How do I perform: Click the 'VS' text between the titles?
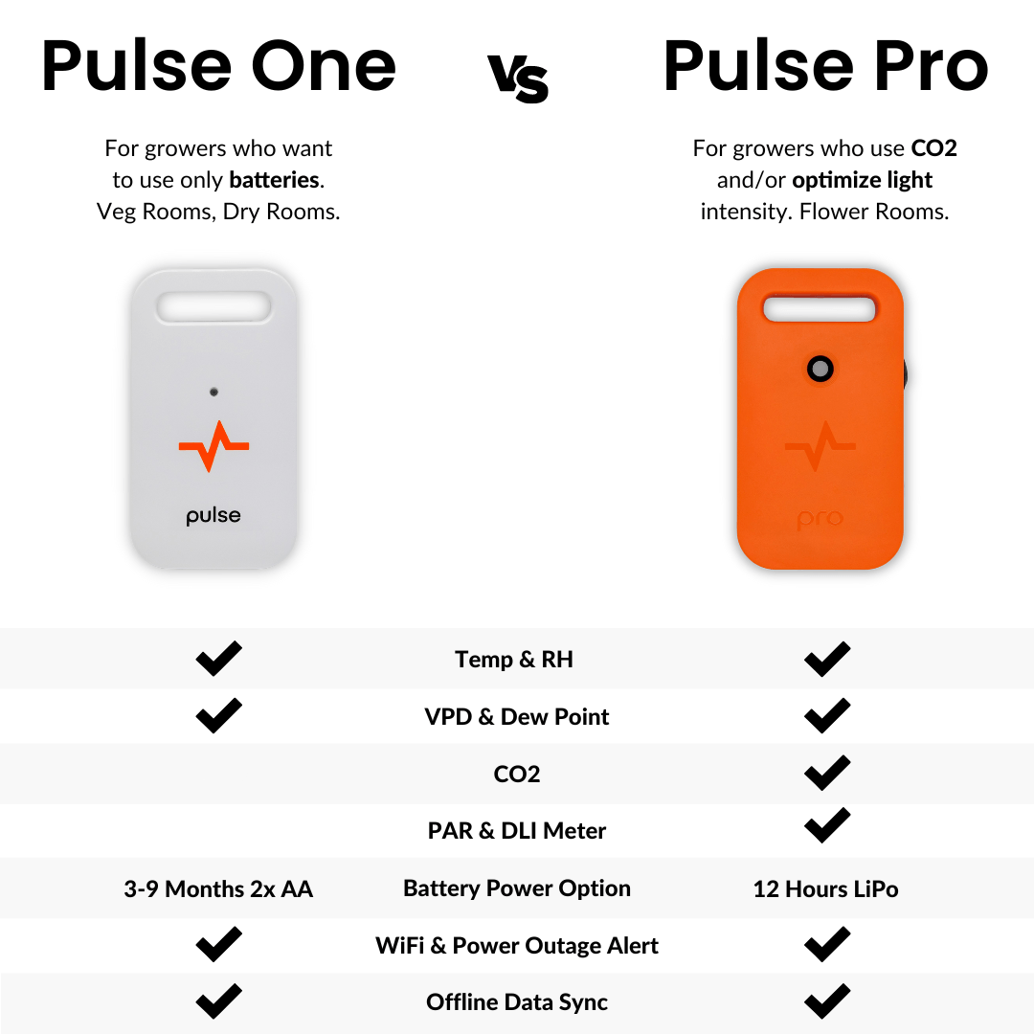518,77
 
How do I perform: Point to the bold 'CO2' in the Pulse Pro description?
933,148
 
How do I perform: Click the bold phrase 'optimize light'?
862,180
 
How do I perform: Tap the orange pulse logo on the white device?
214,446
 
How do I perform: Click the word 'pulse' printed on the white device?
214,516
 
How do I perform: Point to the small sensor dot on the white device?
214,392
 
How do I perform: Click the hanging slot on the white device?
214,306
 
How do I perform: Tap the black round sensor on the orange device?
820,369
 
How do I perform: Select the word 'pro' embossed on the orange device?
820,519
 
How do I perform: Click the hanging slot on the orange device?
820,309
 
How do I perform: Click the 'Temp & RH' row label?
514,660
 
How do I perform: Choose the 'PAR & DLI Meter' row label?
517,831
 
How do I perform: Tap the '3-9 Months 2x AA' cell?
218,888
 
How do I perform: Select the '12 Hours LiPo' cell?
825,888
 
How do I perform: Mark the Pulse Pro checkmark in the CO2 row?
826,773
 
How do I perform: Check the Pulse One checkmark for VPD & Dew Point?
218,715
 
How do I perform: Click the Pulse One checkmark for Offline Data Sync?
218,1001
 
